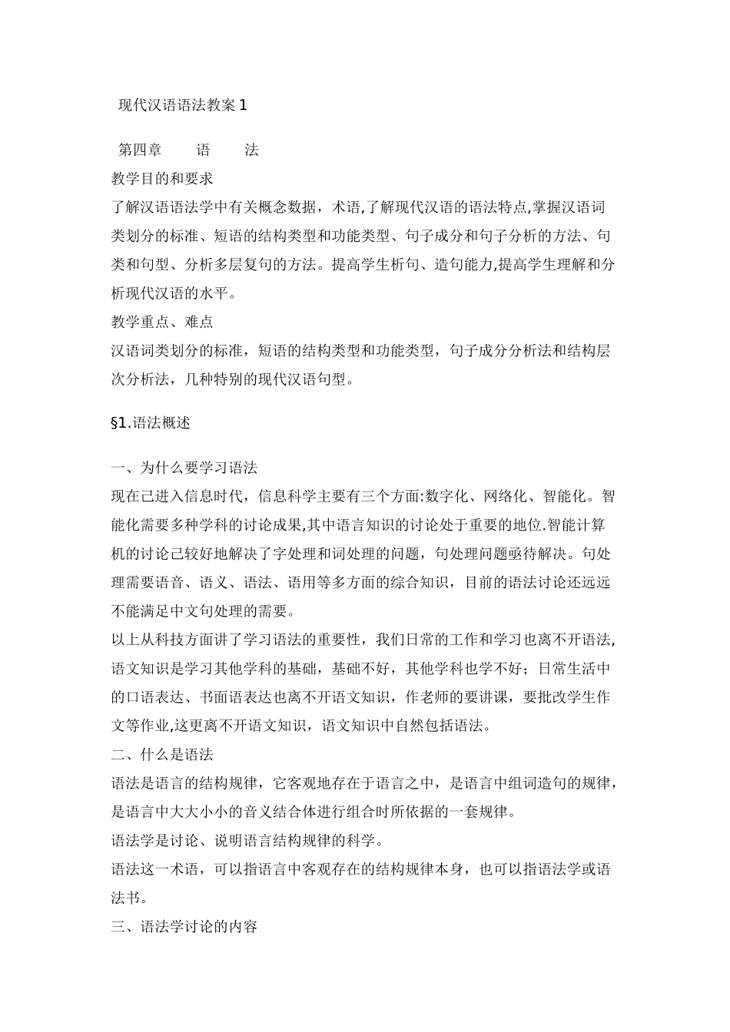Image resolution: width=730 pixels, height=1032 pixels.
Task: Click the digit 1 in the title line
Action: (x=244, y=106)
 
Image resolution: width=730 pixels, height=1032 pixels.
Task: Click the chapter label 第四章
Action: (x=140, y=150)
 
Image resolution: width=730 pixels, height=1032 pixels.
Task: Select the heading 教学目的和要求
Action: (x=162, y=179)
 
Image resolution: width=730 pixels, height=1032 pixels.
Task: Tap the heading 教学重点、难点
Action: (x=162, y=322)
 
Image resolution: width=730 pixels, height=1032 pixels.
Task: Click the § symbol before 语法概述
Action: (x=115, y=423)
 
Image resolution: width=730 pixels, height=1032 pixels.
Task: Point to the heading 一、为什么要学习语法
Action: (x=184, y=468)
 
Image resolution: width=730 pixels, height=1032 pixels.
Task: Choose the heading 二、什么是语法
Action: (x=162, y=755)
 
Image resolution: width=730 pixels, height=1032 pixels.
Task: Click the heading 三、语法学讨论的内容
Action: (x=184, y=927)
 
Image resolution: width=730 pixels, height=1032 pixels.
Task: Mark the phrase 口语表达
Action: (x=154, y=697)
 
